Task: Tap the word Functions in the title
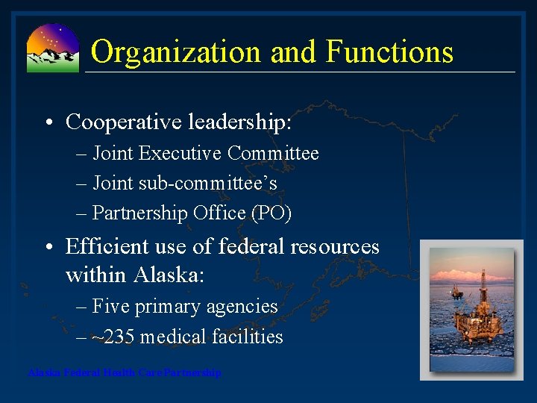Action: click(389, 52)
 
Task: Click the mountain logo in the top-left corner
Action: click(52, 48)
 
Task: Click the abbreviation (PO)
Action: click(271, 213)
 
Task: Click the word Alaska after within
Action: click(169, 275)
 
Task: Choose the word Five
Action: click(111, 307)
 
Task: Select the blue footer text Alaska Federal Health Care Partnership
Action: click(125, 372)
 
